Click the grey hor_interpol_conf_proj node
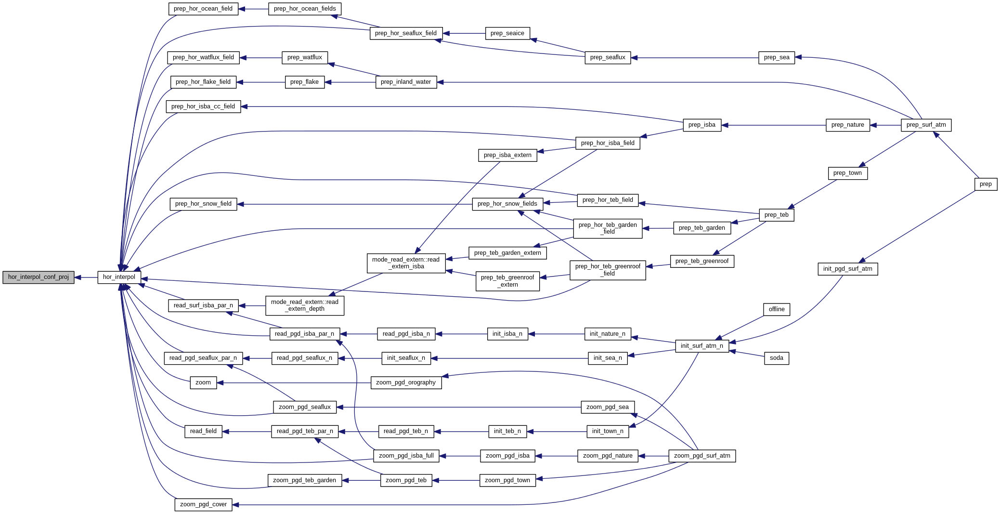pyautogui.click(x=39, y=277)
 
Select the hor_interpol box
pyautogui.click(x=119, y=277)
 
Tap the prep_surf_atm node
pyautogui.click(x=926, y=125)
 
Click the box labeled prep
pyautogui.click(x=986, y=184)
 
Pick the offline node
pyautogui.click(x=776, y=309)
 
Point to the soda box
pyautogui.click(x=776, y=358)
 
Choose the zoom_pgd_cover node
pyautogui.click(x=203, y=504)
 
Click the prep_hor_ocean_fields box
pyautogui.click(x=305, y=9)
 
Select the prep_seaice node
pyautogui.click(x=507, y=33)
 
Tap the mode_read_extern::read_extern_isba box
pyautogui.click(x=406, y=263)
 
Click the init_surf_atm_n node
pyautogui.click(x=701, y=346)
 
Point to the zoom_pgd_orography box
pyautogui.click(x=406, y=382)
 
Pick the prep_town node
pyautogui.click(x=847, y=173)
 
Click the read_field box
pyautogui.click(x=203, y=431)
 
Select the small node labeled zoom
pyautogui.click(x=203, y=382)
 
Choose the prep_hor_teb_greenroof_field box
pyautogui.click(x=608, y=270)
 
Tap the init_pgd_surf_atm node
pyautogui.click(x=847, y=269)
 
